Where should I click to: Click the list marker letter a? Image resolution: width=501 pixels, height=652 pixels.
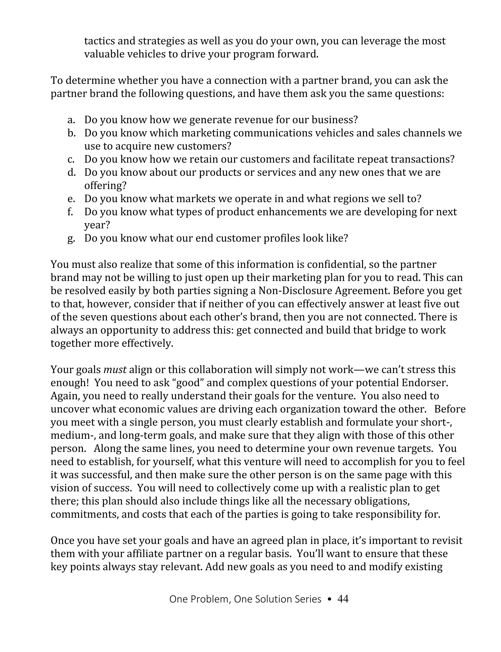pyautogui.click(x=71, y=120)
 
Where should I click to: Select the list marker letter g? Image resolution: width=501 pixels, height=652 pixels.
pyautogui.click(x=71, y=239)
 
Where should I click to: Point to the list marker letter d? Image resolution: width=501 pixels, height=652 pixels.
pyautogui.click(x=71, y=173)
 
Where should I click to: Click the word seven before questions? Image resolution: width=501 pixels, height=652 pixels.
pyautogui.click(x=94, y=317)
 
